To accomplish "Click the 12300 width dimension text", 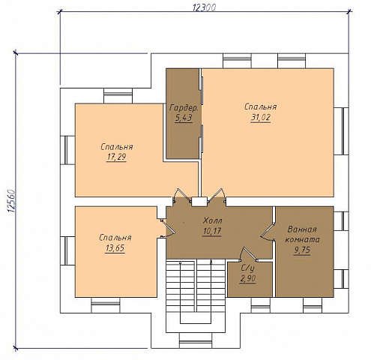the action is point(205,8).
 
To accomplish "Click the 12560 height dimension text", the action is point(12,202).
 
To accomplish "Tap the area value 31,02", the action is point(261,117).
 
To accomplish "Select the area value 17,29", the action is point(116,157).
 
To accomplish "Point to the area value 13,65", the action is point(115,248).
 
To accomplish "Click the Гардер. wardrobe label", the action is point(184,108).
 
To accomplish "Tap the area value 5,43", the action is point(184,118).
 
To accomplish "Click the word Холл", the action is point(212,220).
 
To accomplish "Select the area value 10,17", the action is point(212,231).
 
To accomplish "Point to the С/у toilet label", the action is point(247,268).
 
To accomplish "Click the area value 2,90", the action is point(247,278).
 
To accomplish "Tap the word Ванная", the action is point(302,229).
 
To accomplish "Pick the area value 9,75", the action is point(302,250).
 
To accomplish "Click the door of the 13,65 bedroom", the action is point(168,228).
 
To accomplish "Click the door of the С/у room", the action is point(249,254).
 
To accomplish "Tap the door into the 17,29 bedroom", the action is point(181,194).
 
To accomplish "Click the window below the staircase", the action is point(196,340).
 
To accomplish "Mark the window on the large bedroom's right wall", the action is point(341,131).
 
